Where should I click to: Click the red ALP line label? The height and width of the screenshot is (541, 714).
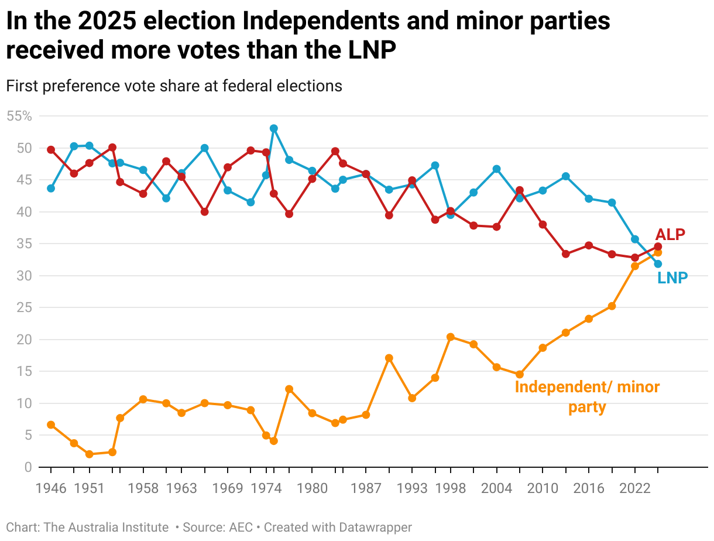(x=670, y=234)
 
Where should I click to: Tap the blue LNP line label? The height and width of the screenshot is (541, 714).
(x=672, y=278)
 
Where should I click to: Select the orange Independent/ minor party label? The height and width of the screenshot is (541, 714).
(x=587, y=396)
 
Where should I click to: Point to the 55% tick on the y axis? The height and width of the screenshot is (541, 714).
(x=19, y=116)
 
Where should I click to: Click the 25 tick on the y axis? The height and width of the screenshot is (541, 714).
(x=23, y=307)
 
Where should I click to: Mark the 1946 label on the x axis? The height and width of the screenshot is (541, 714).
(x=51, y=489)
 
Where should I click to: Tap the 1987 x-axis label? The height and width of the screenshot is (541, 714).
(x=366, y=489)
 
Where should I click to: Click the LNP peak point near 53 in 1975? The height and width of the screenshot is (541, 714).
(x=273, y=128)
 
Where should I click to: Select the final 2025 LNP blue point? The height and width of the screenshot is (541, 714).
(x=658, y=264)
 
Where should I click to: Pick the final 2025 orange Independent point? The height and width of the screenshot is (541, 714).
(x=658, y=252)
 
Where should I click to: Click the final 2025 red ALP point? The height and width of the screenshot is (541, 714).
(x=658, y=246)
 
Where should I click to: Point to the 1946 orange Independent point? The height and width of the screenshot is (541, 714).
(x=51, y=424)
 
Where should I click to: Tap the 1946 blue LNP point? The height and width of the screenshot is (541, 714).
(x=51, y=189)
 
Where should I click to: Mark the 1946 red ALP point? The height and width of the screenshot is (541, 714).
(x=51, y=149)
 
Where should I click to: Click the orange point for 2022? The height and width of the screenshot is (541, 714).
(x=635, y=266)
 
